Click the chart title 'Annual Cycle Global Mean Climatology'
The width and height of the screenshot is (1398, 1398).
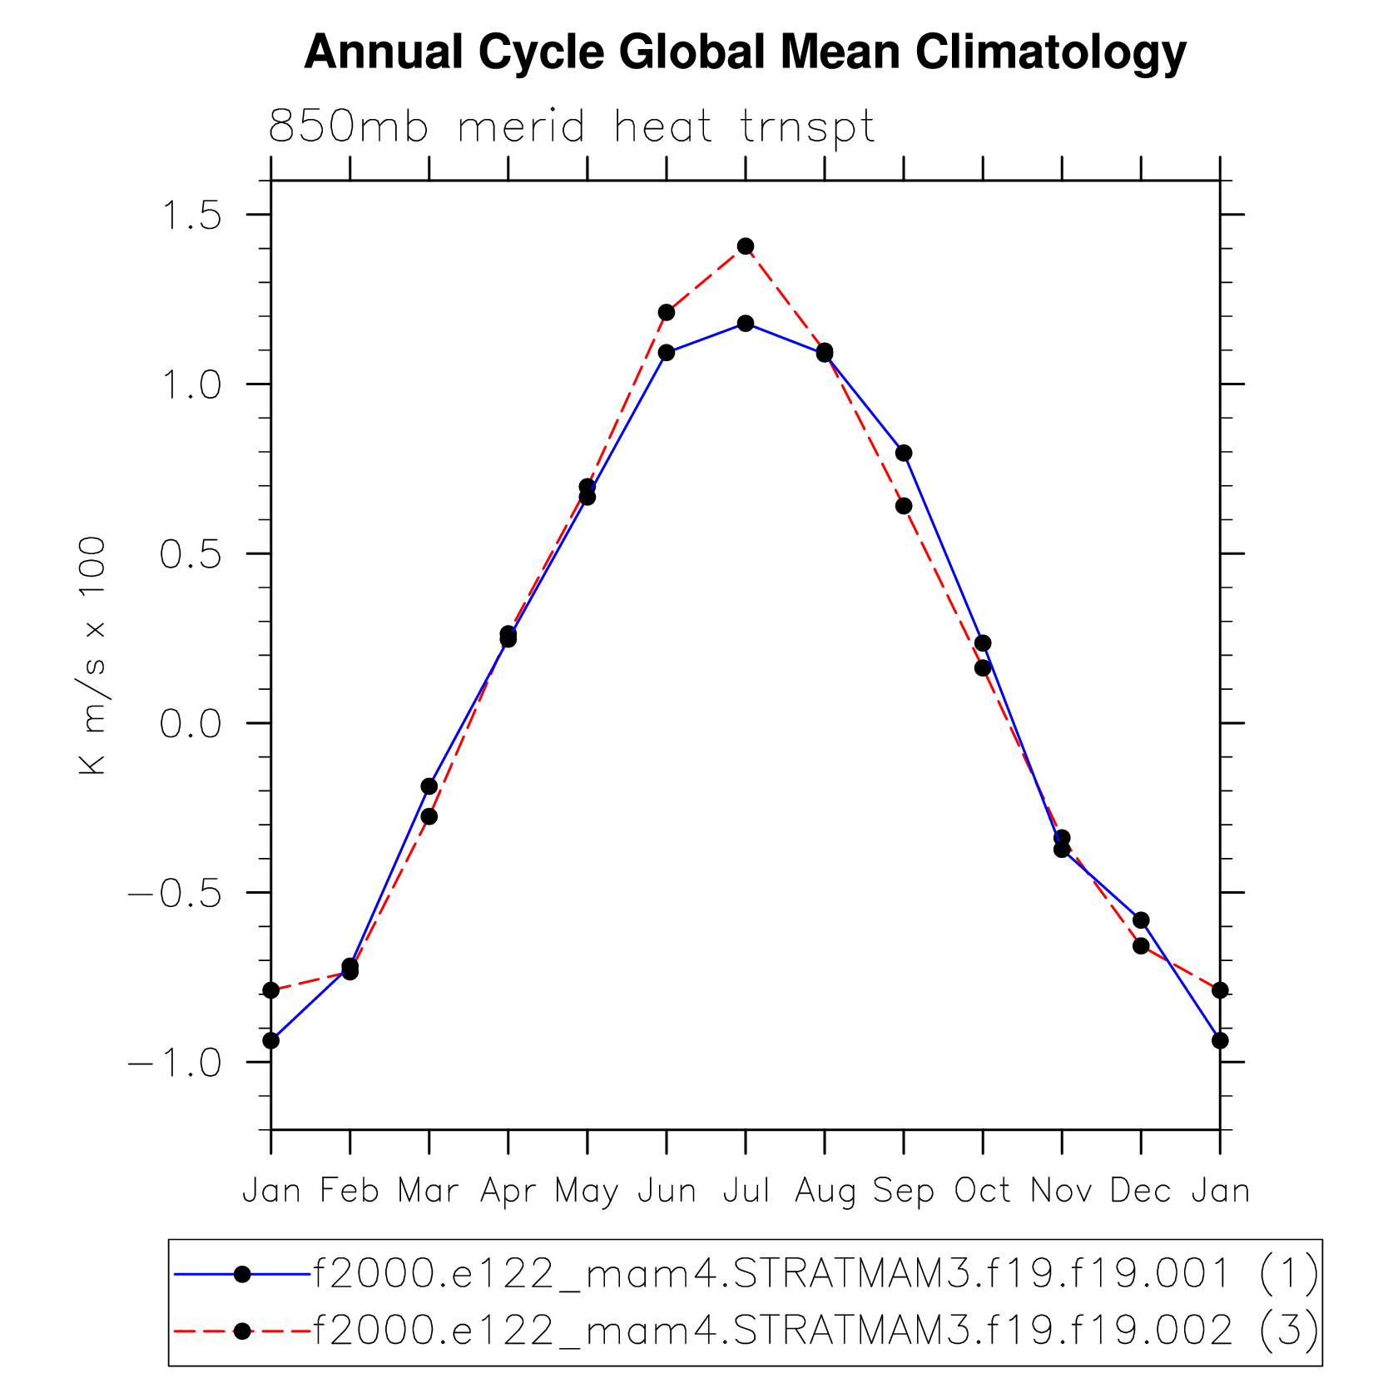pyautogui.click(x=745, y=52)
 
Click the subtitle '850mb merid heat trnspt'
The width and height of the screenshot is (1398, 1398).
pyautogui.click(x=572, y=127)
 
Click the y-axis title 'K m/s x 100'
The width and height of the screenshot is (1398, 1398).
pyautogui.click(x=93, y=656)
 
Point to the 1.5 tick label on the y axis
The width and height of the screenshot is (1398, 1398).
pyautogui.click(x=191, y=216)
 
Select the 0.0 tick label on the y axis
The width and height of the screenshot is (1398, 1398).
pyautogui.click(x=191, y=724)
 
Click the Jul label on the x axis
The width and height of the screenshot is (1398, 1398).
pyautogui.click(x=746, y=1191)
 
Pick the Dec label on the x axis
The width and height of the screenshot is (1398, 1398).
pyautogui.click(x=1141, y=1191)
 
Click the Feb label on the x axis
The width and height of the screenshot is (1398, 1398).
pyautogui.click(x=349, y=1191)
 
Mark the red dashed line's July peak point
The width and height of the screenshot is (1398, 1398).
pyautogui.click(x=746, y=246)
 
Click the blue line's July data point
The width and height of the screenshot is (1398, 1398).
pyautogui.click(x=746, y=323)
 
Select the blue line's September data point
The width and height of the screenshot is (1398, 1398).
pyautogui.click(x=904, y=453)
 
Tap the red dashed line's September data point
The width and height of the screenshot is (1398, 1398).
pyautogui.click(x=904, y=506)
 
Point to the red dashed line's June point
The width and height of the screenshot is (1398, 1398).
pyautogui.click(x=667, y=312)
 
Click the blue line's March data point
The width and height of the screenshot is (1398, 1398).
pyautogui.click(x=429, y=786)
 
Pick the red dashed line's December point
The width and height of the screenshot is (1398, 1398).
pyautogui.click(x=1141, y=946)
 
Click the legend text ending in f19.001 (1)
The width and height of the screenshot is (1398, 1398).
pyautogui.click(x=815, y=1273)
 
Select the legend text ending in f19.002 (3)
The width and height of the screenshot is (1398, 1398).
pyautogui.click(x=815, y=1331)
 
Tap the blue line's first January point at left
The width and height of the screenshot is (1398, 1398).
pyautogui.click(x=271, y=1040)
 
